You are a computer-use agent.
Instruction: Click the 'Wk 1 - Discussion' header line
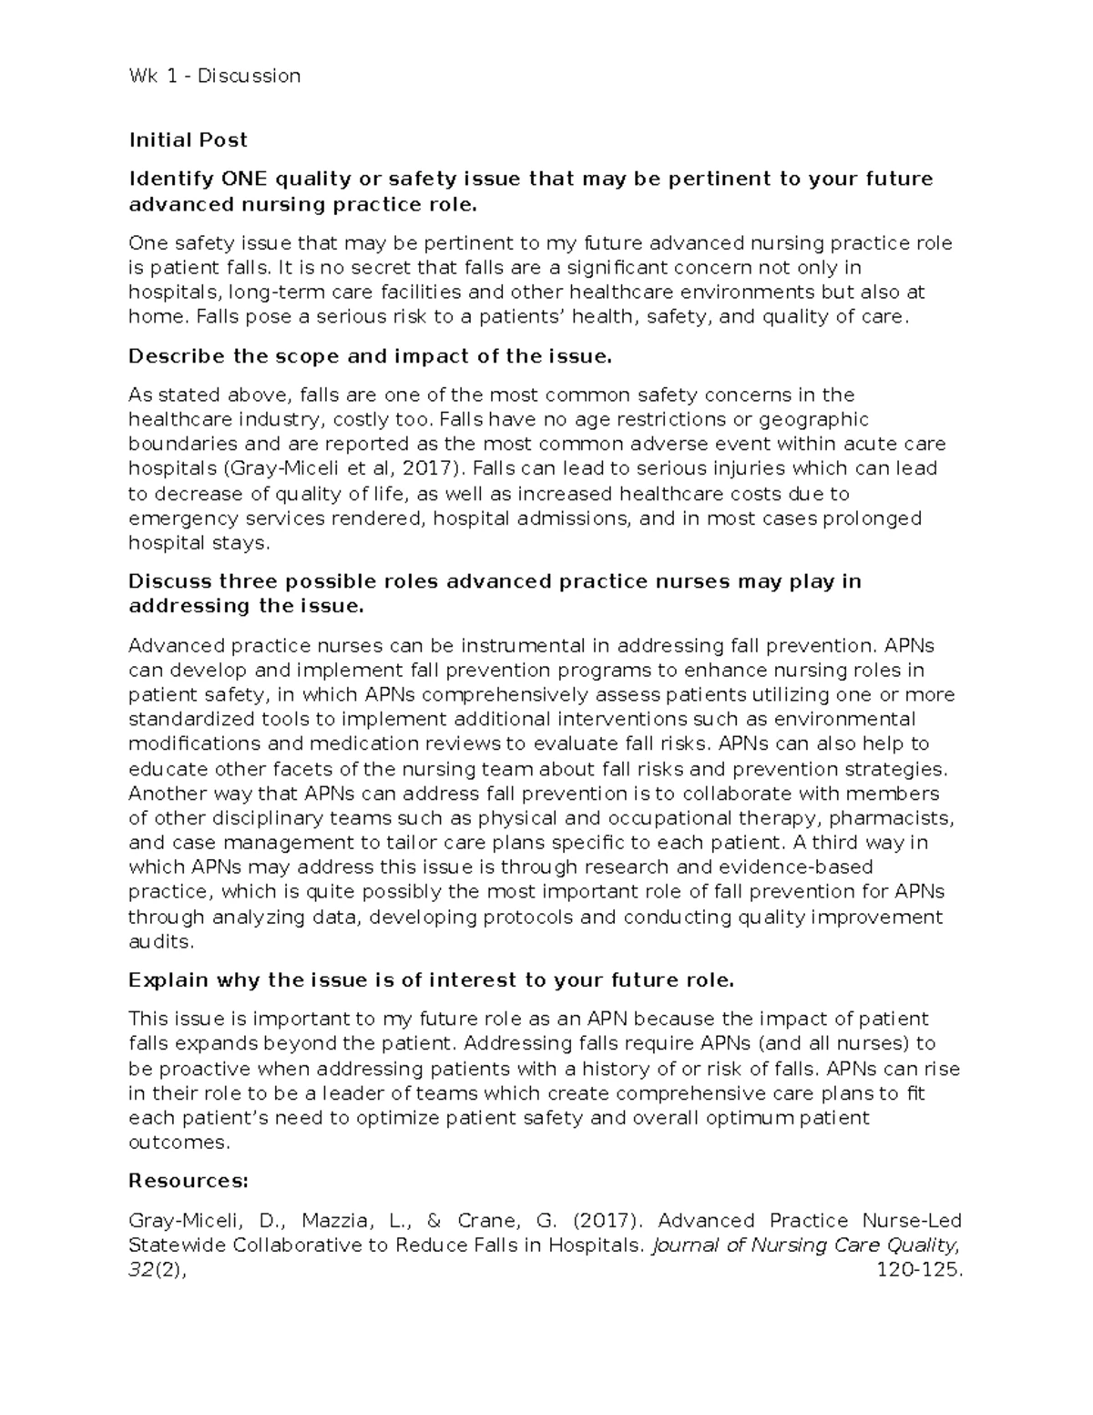pos(214,76)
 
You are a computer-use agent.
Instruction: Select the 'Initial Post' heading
pos(188,139)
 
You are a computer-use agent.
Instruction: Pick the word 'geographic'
pos(814,420)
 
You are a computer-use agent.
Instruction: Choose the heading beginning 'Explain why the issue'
pos(431,980)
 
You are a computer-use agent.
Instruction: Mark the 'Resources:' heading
pos(188,1181)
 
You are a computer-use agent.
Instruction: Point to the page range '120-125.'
pos(917,1270)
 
